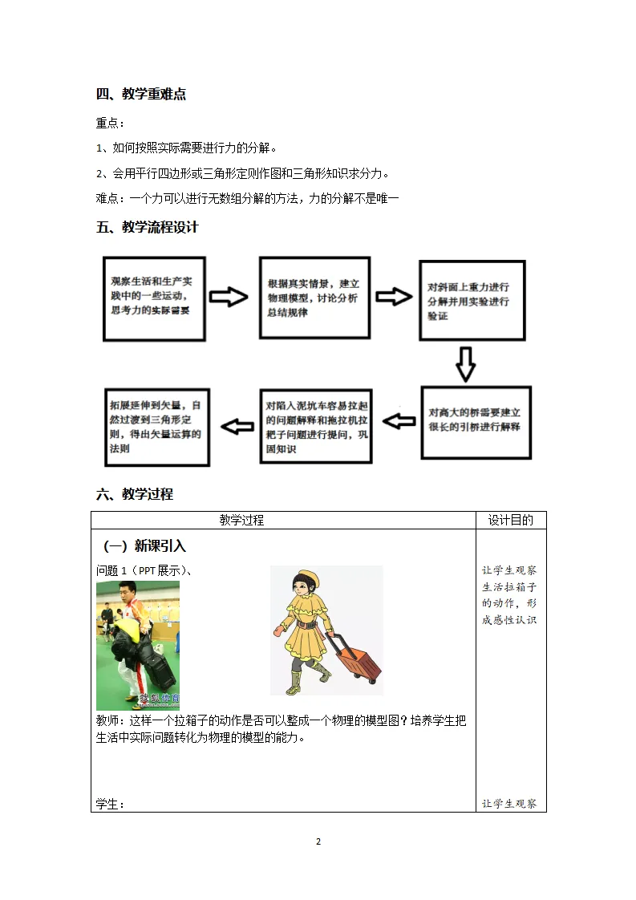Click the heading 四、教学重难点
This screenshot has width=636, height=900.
point(141,94)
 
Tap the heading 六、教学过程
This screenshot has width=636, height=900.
point(134,494)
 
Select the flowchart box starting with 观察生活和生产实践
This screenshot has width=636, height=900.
point(154,298)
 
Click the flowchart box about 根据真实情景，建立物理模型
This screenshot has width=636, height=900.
point(314,298)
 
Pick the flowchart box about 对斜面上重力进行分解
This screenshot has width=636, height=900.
point(472,301)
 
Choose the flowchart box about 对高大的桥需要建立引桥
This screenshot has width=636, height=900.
point(476,422)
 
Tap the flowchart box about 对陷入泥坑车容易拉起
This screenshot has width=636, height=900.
point(316,426)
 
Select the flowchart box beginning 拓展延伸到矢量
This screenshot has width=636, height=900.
point(157,426)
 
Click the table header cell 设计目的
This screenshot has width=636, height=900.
point(511,521)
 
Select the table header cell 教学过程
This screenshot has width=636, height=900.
point(241,521)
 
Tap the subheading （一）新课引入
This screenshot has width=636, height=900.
point(145,546)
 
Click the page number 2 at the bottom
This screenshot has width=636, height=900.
point(318,841)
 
